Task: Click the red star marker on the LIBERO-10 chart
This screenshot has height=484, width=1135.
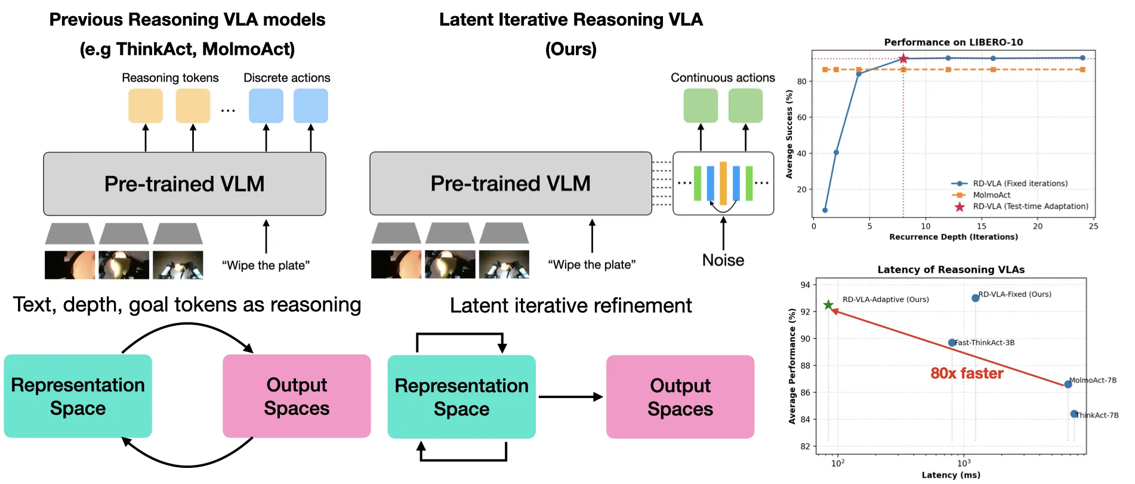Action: coord(903,58)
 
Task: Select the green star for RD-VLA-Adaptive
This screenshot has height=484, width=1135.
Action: coord(828,305)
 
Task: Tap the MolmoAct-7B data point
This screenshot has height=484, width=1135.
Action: coord(1068,384)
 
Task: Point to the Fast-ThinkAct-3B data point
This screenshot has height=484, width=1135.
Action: coord(952,343)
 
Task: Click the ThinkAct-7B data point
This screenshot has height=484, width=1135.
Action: coord(1074,414)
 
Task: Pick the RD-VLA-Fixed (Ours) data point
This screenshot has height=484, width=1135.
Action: coord(975,298)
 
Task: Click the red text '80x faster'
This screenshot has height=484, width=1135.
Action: coord(967,374)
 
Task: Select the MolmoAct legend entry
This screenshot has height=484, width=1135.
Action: coord(991,195)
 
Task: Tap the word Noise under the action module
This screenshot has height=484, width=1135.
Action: coord(723,260)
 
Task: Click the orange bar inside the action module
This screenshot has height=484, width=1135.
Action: coord(723,183)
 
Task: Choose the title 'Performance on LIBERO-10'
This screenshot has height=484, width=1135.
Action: coord(953,42)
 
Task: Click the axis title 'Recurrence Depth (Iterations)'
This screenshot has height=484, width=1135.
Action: coord(953,237)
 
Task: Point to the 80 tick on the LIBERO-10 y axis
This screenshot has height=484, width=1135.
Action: coord(802,81)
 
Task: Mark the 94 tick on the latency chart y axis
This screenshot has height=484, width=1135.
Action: coord(805,285)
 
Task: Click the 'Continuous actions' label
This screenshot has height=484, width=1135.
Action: coord(722,78)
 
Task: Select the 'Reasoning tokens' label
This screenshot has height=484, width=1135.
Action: coord(170,78)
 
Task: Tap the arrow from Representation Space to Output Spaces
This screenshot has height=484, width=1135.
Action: coord(570,397)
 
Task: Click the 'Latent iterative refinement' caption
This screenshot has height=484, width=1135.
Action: coord(570,306)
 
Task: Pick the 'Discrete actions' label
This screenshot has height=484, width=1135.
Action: coord(286,78)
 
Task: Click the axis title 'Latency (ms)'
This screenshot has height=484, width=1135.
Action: coord(951,475)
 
